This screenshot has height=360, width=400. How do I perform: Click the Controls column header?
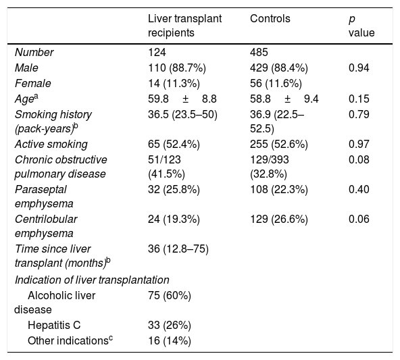(270, 19)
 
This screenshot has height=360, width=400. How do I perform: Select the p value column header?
(361, 26)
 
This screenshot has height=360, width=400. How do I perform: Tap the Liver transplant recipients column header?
(184, 26)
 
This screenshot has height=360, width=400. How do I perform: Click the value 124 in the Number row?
(157, 52)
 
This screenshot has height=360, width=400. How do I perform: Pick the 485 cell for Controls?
(259, 52)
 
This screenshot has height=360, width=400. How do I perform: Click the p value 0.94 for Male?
(359, 68)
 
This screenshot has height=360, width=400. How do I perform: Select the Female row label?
(32, 83)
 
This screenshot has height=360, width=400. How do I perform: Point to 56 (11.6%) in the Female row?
(276, 83)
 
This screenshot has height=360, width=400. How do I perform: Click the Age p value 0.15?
(359, 99)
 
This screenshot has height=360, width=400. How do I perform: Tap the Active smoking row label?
(51, 145)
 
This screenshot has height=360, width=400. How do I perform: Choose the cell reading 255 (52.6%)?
(279, 145)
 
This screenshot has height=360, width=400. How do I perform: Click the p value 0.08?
(359, 159)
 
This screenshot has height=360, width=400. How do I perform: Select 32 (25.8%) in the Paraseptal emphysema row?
(174, 189)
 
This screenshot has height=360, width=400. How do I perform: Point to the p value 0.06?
(359, 220)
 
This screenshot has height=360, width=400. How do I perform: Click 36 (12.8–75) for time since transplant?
(178, 249)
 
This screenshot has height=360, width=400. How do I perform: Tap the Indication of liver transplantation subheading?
(92, 280)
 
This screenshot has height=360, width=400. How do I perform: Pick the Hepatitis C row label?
(54, 326)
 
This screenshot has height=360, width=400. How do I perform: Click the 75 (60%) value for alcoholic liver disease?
(170, 296)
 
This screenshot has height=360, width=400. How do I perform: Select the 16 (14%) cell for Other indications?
(170, 341)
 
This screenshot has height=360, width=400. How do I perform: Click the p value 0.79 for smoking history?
(359, 114)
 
